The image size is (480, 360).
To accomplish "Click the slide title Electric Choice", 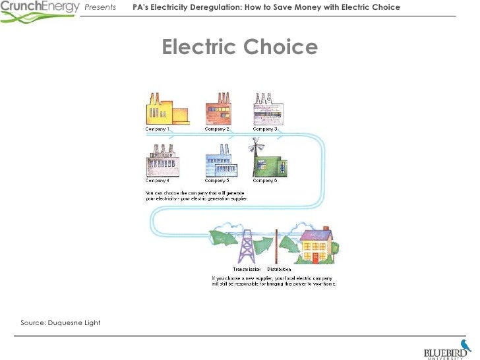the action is point(240,47).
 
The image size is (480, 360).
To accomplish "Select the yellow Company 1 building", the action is point(165,110).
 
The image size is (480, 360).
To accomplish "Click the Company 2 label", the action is point(217,129).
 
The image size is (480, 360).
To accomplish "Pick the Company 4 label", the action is point(158,180).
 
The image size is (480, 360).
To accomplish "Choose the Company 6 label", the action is point(264,180).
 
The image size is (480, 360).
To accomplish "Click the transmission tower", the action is point(246,243).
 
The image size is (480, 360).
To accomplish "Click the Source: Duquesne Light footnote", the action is point(61,322).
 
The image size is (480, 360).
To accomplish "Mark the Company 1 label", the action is point(158,129).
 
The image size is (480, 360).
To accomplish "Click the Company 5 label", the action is point(217,180).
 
